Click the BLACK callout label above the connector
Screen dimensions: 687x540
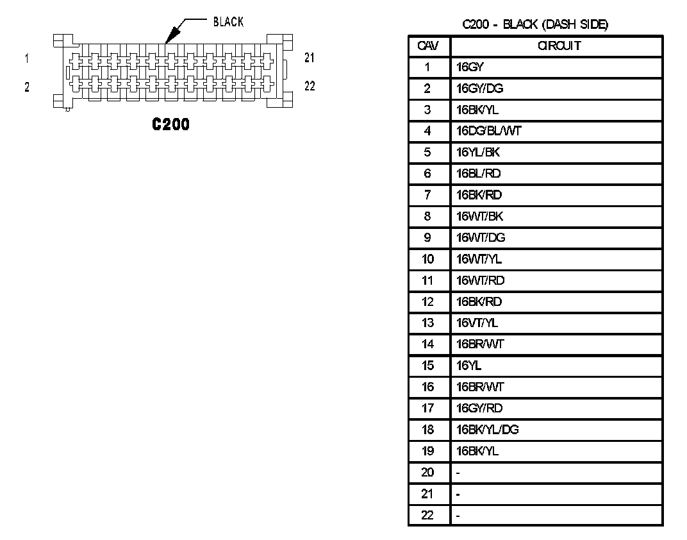click(228, 22)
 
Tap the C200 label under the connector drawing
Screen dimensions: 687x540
click(170, 124)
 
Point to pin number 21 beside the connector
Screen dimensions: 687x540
click(310, 58)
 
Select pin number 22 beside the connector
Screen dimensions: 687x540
click(310, 87)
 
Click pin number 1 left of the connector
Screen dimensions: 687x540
click(27, 58)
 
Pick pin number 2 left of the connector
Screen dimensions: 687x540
click(27, 87)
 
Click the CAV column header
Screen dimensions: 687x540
click(427, 46)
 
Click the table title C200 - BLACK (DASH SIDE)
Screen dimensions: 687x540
click(535, 25)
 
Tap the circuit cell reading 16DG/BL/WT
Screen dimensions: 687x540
click(488, 131)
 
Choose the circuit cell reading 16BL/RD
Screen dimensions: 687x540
click(479, 174)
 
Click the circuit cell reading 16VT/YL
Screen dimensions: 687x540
click(477, 323)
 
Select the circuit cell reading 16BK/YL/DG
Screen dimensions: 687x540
click(487, 430)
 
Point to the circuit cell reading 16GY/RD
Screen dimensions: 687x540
click(479, 409)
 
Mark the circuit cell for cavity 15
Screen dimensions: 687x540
click(468, 366)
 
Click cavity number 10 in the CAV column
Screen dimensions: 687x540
click(427, 259)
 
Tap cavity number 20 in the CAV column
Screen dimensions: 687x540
click(427, 473)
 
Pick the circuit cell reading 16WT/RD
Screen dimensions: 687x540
click(480, 280)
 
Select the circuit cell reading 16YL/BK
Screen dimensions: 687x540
click(477, 153)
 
